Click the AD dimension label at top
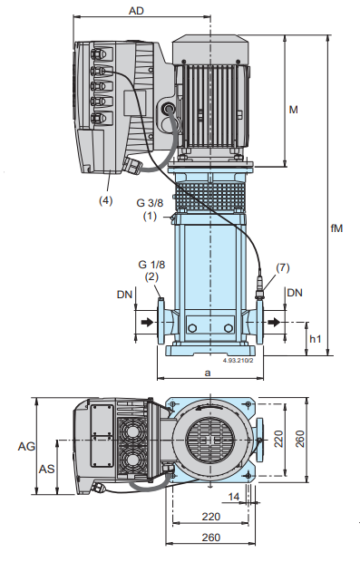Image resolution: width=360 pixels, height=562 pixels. pyautogui.click(x=136, y=11)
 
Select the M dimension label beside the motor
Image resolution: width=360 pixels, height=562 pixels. pyautogui.click(x=293, y=110)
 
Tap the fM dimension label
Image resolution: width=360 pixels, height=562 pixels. pyautogui.click(x=336, y=228)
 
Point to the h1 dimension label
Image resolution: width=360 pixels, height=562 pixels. pyautogui.click(x=316, y=339)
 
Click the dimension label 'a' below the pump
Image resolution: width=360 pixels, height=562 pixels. pyautogui.click(x=208, y=373)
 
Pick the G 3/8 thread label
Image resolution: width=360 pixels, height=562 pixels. pyautogui.click(x=150, y=203)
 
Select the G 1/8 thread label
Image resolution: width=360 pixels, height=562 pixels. pyautogui.click(x=151, y=265)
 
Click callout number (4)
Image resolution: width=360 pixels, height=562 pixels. pyautogui.click(x=106, y=200)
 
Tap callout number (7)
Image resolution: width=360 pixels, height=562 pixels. pyautogui.click(x=283, y=267)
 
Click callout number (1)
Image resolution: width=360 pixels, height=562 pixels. pyautogui.click(x=151, y=216)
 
